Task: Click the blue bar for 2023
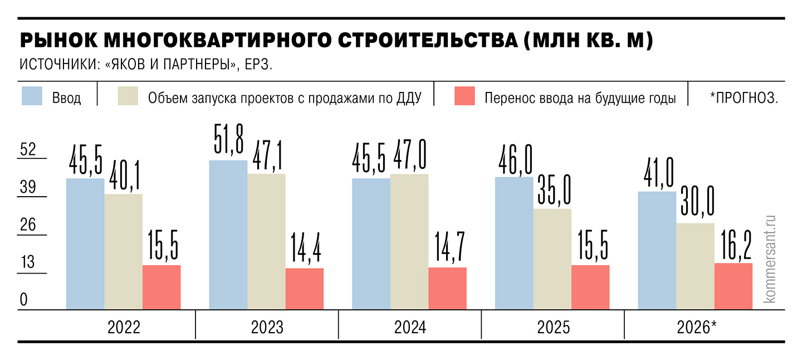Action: [228, 235]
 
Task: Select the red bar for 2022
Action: [162, 287]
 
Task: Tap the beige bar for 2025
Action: [552, 259]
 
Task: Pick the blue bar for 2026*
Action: [657, 250]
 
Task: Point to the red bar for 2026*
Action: [733, 286]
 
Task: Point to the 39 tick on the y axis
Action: [28, 188]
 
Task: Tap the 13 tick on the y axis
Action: [28, 262]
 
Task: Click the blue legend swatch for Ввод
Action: [32, 96]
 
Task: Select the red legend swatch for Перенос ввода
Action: [464, 96]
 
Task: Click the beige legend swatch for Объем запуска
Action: [128, 96]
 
